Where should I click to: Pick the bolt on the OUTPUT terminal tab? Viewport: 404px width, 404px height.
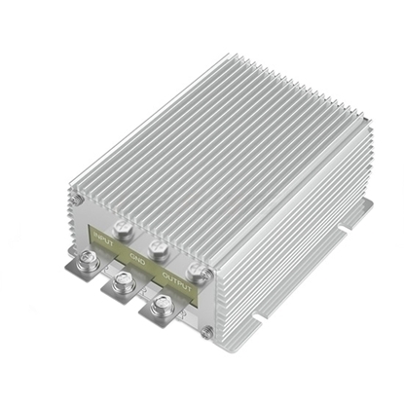click(x=160, y=308)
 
